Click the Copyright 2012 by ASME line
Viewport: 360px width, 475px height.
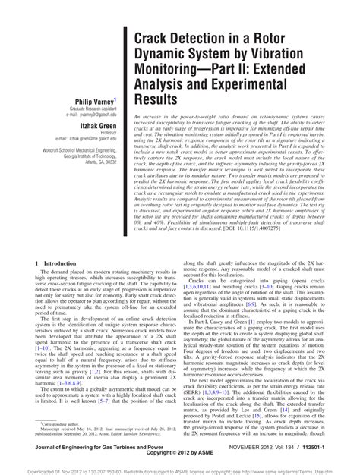coord(180,458)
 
